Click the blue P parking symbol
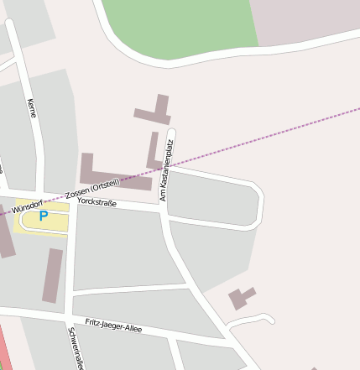click(44, 216)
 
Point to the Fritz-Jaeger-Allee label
click(113, 323)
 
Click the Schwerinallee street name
click(75, 348)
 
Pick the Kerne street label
click(32, 107)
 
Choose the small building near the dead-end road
click(241, 298)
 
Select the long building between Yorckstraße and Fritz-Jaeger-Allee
click(53, 274)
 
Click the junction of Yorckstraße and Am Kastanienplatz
click(162, 211)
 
